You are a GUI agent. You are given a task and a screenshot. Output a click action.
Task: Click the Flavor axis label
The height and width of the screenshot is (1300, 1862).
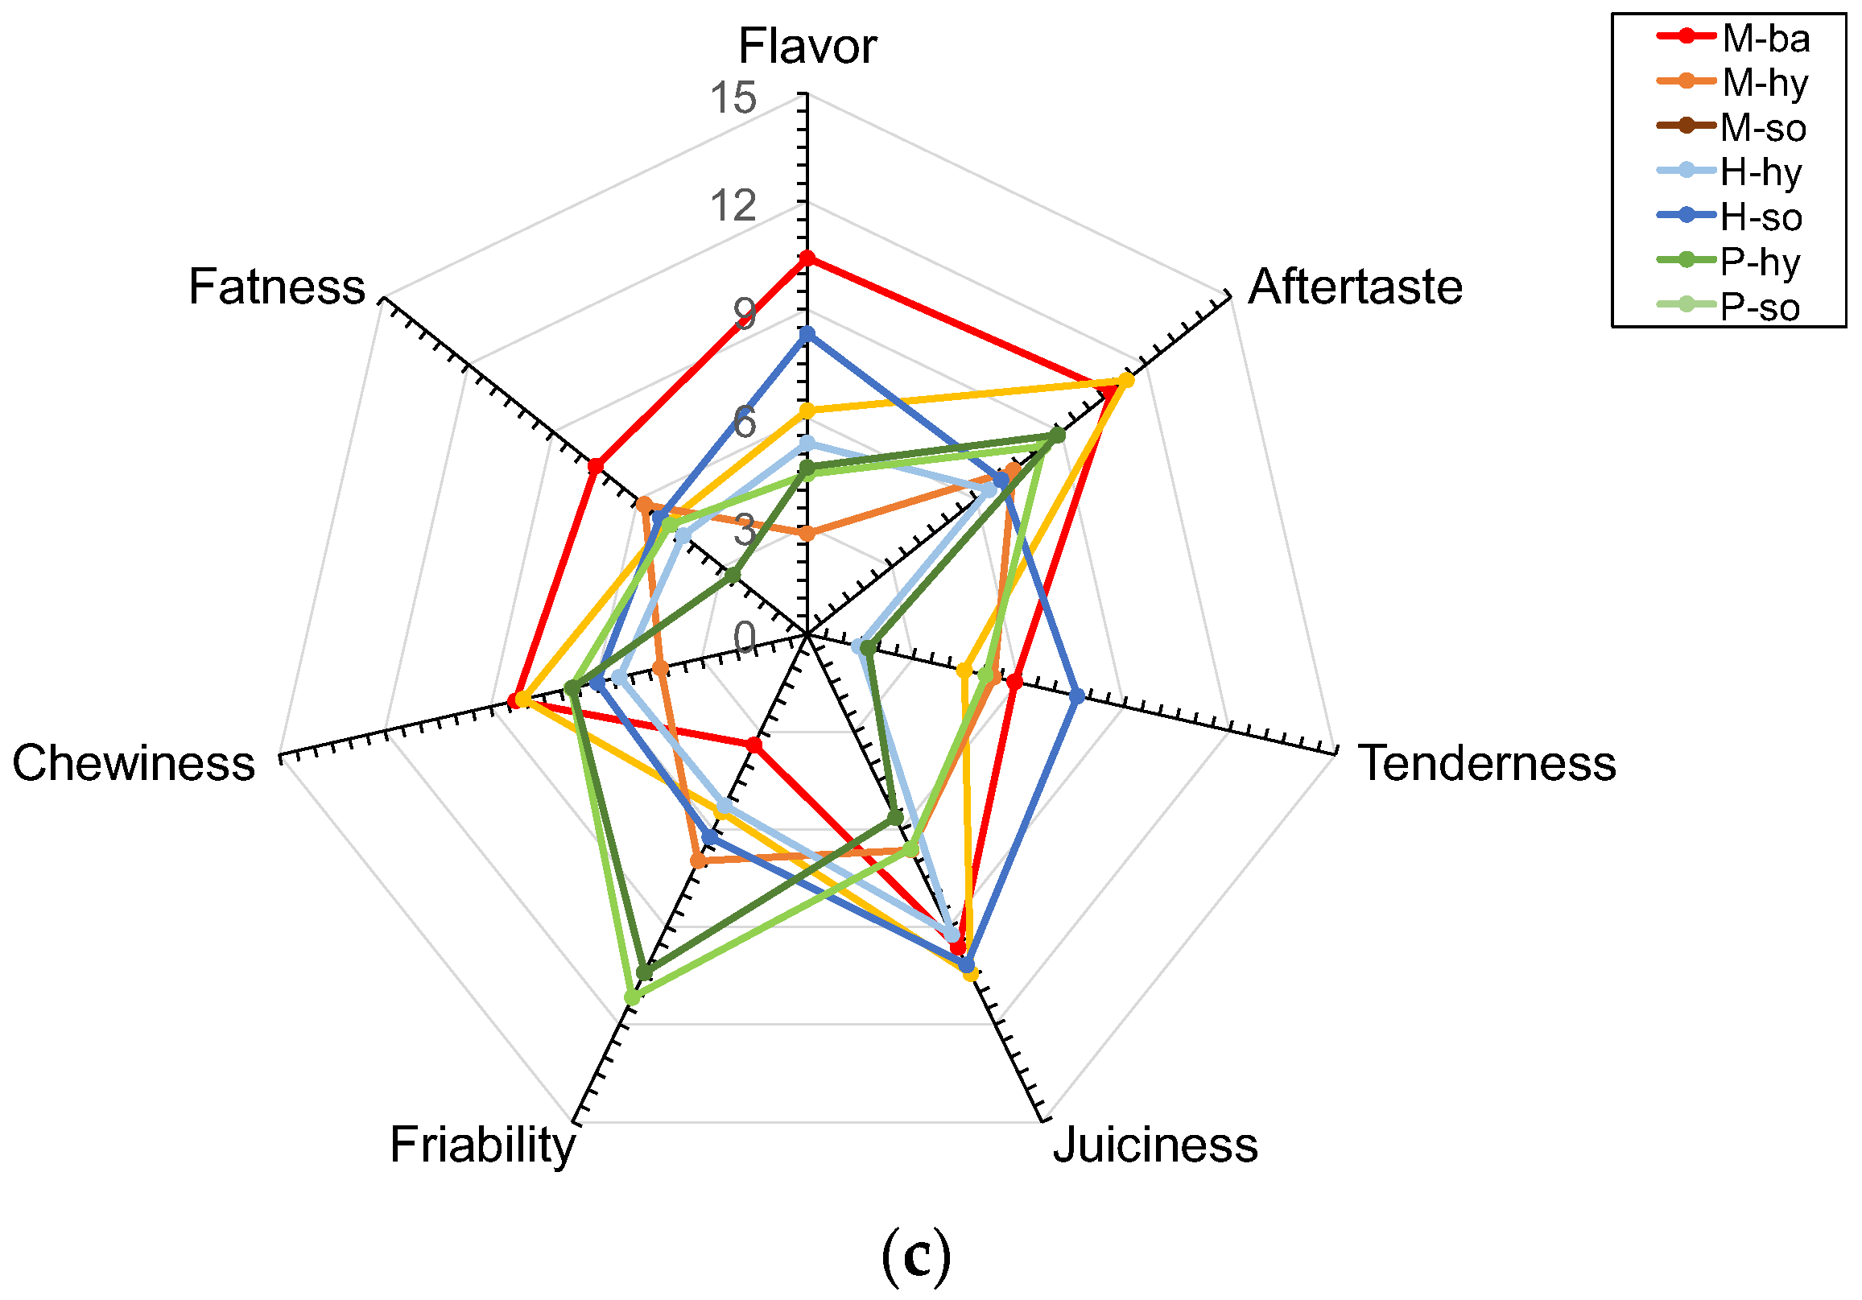tap(807, 46)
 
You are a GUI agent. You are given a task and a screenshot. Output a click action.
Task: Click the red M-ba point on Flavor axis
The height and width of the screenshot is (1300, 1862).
tap(806, 258)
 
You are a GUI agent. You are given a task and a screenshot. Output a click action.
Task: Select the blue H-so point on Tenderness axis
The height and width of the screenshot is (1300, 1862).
tap(1076, 695)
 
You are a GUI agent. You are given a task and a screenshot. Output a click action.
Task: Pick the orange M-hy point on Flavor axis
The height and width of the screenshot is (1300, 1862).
tap(806, 534)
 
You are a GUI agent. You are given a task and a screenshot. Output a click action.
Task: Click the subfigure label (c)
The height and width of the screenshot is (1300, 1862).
tap(915, 1256)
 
